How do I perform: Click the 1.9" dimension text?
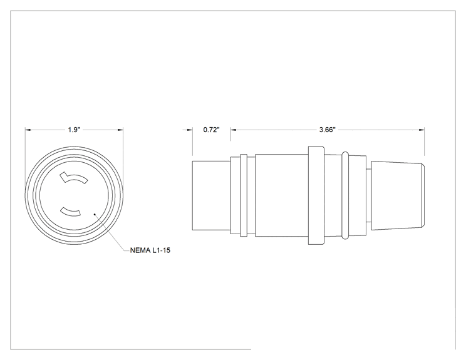[74, 130]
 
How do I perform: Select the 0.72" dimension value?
[211, 130]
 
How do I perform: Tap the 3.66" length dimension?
[327, 130]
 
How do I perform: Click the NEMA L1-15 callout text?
[150, 250]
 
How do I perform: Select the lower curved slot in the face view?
[70, 212]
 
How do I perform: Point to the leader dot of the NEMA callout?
[95, 213]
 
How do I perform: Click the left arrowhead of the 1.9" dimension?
[28, 130]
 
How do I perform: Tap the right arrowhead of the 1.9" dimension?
[120, 130]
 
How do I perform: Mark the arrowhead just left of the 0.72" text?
[190, 130]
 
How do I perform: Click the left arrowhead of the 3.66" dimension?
[234, 130]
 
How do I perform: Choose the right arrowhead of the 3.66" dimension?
[422, 130]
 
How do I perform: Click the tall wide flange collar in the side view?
[316, 195]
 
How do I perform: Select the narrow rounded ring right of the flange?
[345, 195]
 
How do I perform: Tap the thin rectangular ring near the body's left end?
[244, 195]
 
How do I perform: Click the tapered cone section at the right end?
[398, 195]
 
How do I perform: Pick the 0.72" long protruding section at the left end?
[211, 195]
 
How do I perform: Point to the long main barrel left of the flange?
[282, 195]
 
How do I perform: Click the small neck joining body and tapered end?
[368, 195]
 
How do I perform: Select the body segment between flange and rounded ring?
[333, 195]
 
